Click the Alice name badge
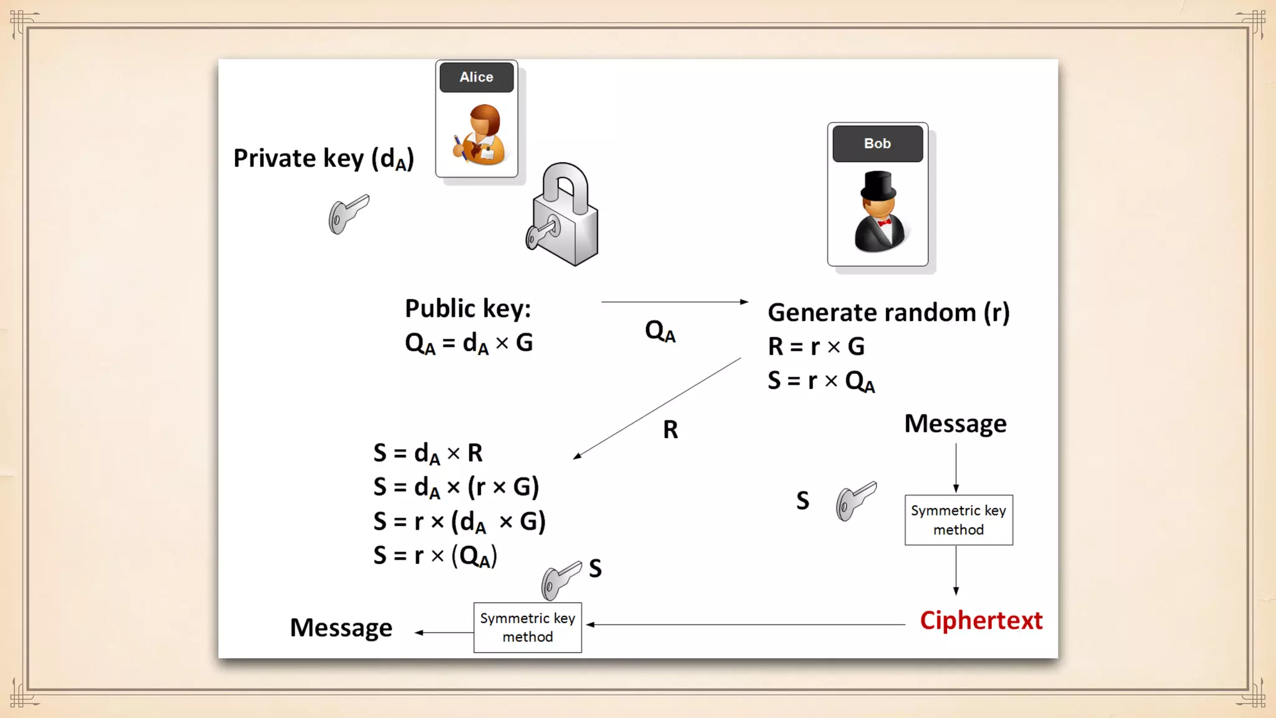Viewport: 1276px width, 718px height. tap(477, 77)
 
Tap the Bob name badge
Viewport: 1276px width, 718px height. tap(877, 143)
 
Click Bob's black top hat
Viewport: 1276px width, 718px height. tap(878, 184)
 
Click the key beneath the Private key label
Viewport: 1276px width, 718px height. tap(348, 214)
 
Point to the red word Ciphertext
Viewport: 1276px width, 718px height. tap(981, 621)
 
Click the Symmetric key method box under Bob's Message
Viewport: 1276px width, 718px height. tap(958, 520)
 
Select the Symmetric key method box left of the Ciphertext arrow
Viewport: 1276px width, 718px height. tap(528, 628)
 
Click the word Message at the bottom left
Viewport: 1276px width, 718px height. tap(341, 628)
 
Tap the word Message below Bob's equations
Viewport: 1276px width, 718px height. tap(955, 424)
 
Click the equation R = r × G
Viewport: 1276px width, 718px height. tap(816, 347)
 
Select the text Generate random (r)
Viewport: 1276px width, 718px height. tap(888, 312)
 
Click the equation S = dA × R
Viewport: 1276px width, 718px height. tap(428, 453)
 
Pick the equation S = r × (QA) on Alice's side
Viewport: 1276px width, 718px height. tap(435, 555)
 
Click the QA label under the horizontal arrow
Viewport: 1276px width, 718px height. tap(660, 331)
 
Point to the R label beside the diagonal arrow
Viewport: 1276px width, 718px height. tap(670, 429)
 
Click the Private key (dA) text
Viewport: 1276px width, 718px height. tap(323, 159)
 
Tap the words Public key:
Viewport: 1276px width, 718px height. tap(468, 309)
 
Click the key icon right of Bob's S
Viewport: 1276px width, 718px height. tap(856, 500)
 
